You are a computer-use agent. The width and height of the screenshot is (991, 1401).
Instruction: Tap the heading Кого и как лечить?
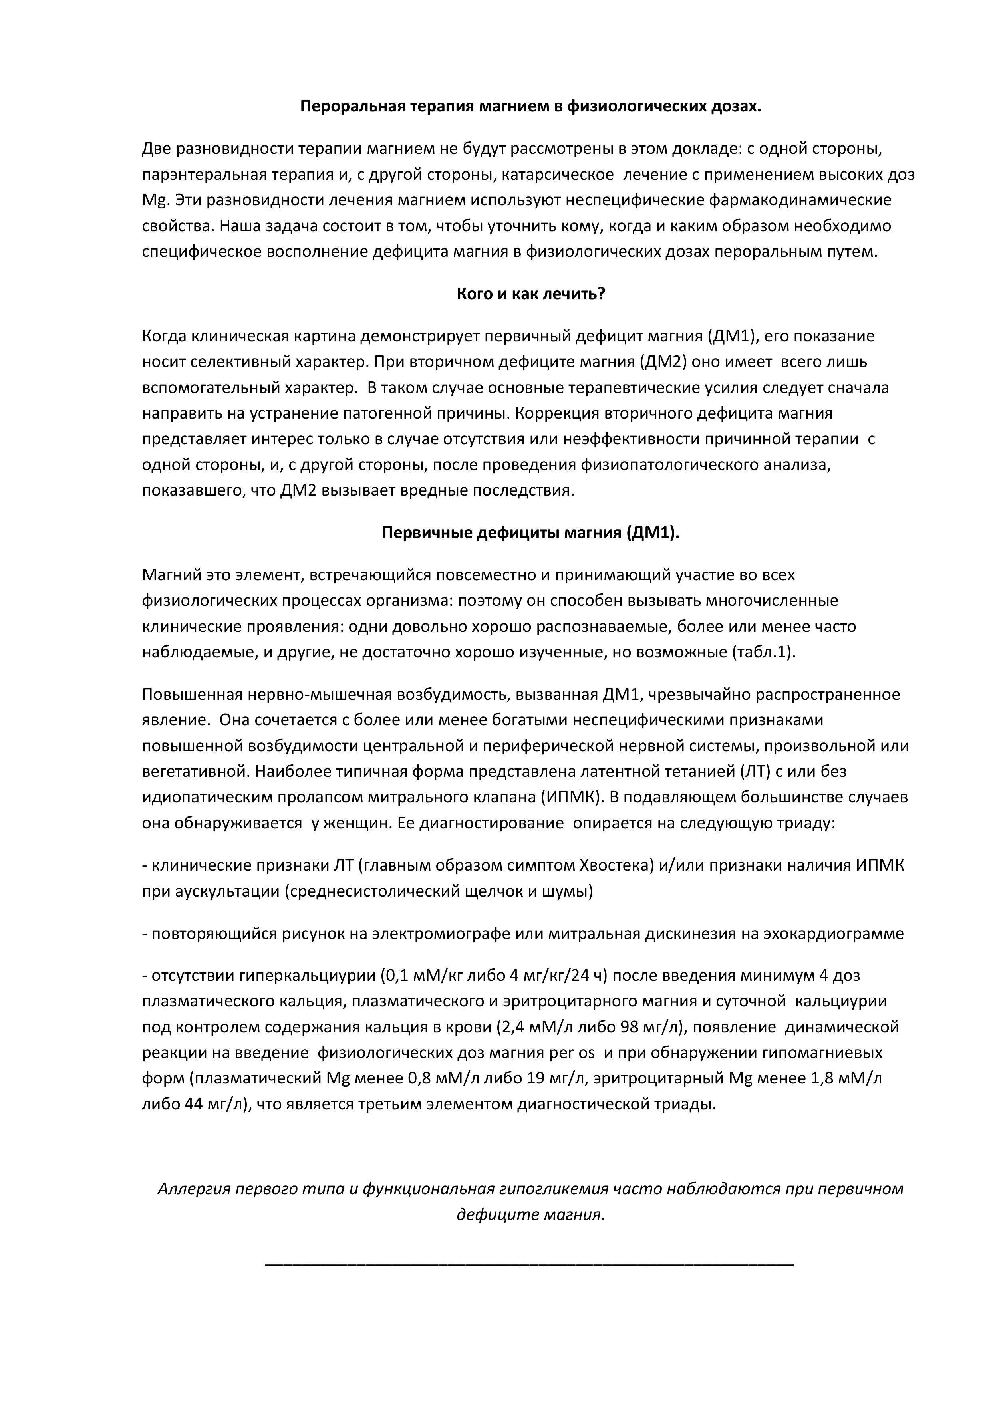[530, 294]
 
